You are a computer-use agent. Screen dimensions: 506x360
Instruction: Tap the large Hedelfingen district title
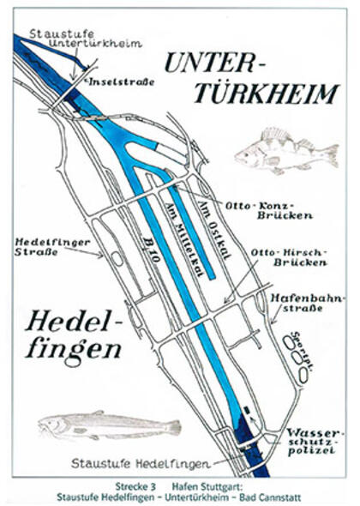(73, 337)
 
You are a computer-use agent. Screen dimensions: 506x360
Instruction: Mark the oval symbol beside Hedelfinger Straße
(114, 256)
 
